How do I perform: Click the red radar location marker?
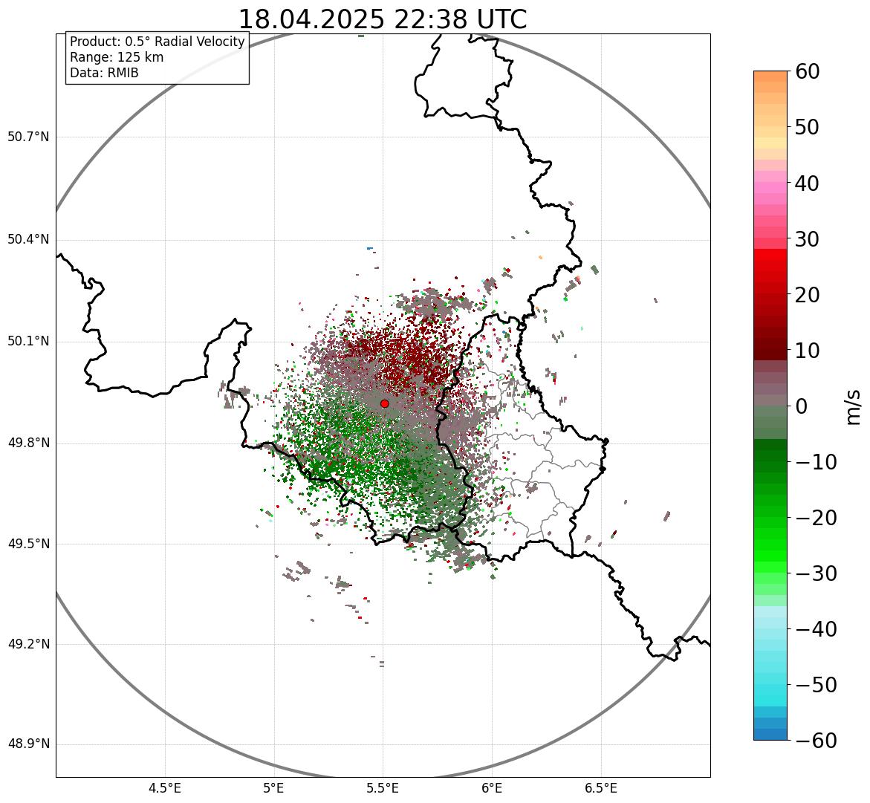(384, 403)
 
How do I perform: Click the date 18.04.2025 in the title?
(311, 19)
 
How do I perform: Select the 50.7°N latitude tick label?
(28, 137)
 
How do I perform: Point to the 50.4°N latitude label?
(28, 239)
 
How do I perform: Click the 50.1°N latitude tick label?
(28, 342)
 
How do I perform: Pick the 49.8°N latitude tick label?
(28, 443)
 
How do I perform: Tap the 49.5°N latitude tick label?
(28, 544)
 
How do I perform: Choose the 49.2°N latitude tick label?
(28, 644)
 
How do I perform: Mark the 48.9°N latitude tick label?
(28, 744)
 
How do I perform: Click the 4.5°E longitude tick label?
(165, 788)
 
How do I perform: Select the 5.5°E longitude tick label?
(383, 788)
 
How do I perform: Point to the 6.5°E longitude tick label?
(600, 788)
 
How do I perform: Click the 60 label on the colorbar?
(808, 71)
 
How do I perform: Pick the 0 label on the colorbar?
(802, 406)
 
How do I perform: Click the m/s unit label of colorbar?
(854, 406)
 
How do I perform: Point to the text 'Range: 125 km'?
(117, 57)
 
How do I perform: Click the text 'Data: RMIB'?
(104, 73)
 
